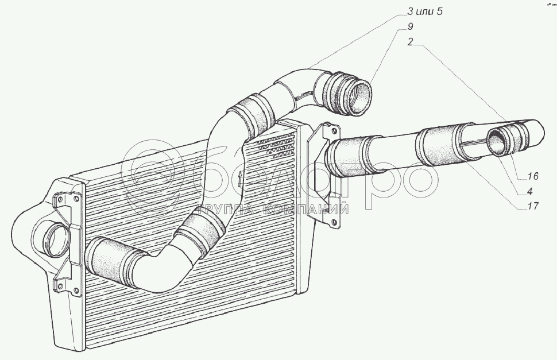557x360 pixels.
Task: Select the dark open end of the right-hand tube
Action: coord(498,142)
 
